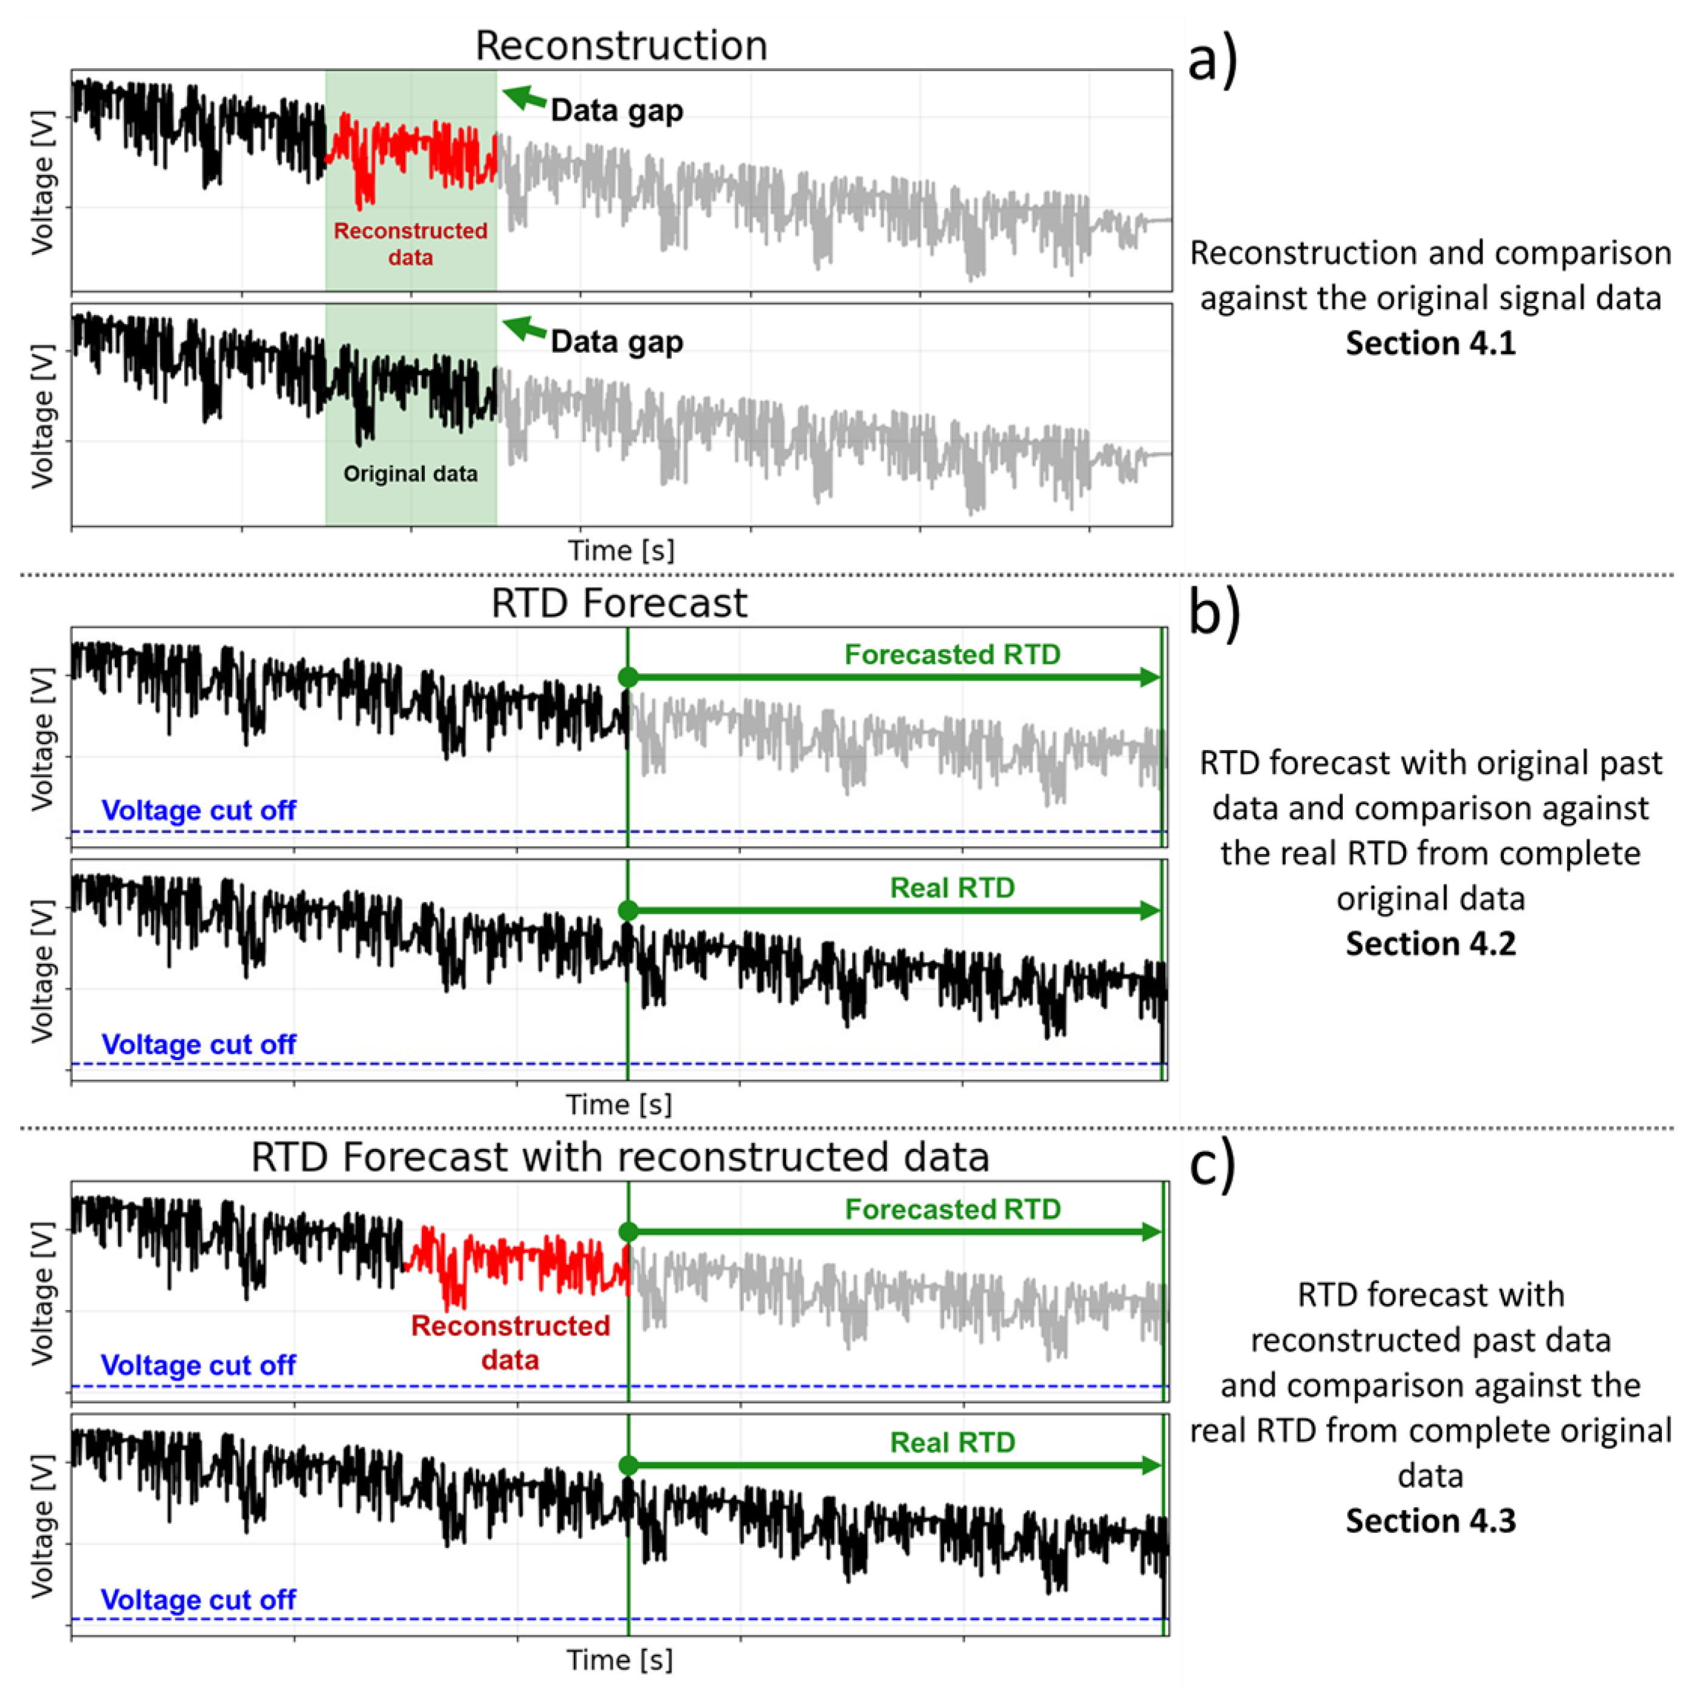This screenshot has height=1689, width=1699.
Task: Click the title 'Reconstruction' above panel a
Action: (621, 46)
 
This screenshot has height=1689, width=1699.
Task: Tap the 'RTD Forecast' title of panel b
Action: (619, 603)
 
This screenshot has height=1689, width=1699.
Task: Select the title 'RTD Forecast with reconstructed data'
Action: (620, 1157)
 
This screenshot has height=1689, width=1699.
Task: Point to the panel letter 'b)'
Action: (1215, 612)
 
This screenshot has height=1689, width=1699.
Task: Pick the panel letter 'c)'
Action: (1213, 1165)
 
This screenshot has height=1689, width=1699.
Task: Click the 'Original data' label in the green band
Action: (411, 474)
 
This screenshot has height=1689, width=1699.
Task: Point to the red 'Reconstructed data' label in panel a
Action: (411, 244)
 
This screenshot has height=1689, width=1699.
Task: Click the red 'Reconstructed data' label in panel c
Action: (510, 1342)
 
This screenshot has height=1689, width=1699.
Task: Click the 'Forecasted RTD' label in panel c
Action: (953, 1210)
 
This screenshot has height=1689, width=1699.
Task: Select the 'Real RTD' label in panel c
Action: (953, 1443)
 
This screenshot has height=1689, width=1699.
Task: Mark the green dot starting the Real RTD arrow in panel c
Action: (628, 1466)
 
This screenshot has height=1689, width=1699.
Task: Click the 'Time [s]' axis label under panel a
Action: (621, 550)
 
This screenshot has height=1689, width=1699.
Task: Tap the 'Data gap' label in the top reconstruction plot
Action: (616, 111)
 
